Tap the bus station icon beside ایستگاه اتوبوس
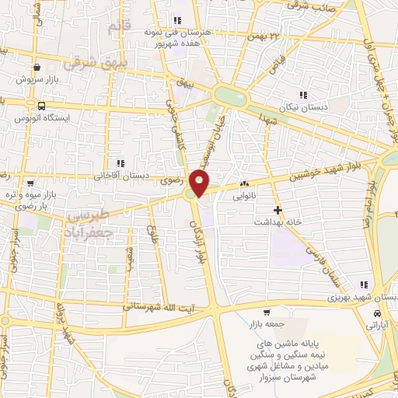41,106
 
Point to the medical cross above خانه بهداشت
278,210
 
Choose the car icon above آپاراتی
377,312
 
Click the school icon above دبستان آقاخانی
120,163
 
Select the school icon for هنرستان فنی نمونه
177,21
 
